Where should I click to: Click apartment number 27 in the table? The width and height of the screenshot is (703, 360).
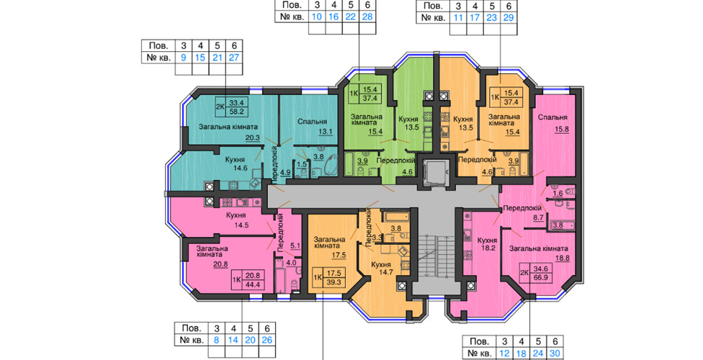click(234, 58)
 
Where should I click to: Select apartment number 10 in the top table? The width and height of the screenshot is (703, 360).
click(316, 17)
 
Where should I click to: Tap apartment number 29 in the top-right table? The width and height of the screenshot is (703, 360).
click(509, 18)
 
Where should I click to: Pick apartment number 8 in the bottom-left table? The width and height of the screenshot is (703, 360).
click(217, 340)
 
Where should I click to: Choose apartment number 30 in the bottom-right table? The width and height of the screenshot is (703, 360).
click(555, 354)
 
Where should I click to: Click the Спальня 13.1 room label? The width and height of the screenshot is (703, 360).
click(312, 126)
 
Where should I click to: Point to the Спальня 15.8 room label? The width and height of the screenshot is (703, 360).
click(552, 123)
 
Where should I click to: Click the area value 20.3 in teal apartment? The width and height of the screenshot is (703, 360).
click(252, 138)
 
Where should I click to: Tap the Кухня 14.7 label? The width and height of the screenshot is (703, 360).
click(381, 268)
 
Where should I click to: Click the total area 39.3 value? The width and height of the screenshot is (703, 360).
click(333, 282)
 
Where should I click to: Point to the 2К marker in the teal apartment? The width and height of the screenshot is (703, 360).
click(220, 107)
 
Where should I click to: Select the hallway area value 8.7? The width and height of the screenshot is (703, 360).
click(537, 217)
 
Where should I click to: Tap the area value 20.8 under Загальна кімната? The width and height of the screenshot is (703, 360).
click(220, 264)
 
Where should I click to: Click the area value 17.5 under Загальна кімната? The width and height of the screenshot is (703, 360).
click(339, 255)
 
